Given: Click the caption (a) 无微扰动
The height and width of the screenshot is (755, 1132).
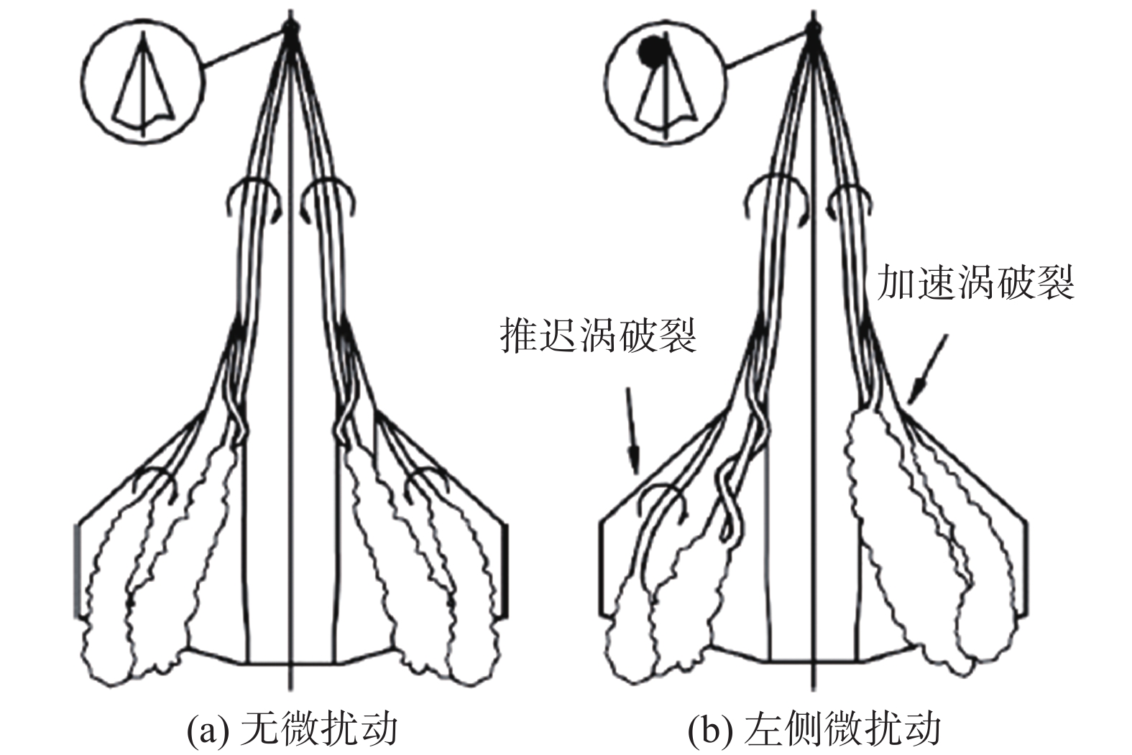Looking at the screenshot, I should pyautogui.click(x=292, y=729).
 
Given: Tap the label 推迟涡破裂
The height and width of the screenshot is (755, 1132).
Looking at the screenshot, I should pyautogui.click(x=598, y=336).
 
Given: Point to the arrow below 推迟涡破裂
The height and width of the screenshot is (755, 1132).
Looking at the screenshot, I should pyautogui.click(x=632, y=431).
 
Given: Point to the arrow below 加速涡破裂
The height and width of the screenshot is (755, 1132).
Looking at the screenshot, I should pyautogui.click(x=927, y=370).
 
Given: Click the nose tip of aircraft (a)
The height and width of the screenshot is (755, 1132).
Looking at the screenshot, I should pyautogui.click(x=290, y=27).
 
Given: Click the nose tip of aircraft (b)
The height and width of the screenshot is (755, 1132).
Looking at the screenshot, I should pyautogui.click(x=813, y=27).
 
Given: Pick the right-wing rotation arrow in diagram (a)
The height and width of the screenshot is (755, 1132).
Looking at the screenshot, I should pyautogui.click(x=427, y=483).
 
